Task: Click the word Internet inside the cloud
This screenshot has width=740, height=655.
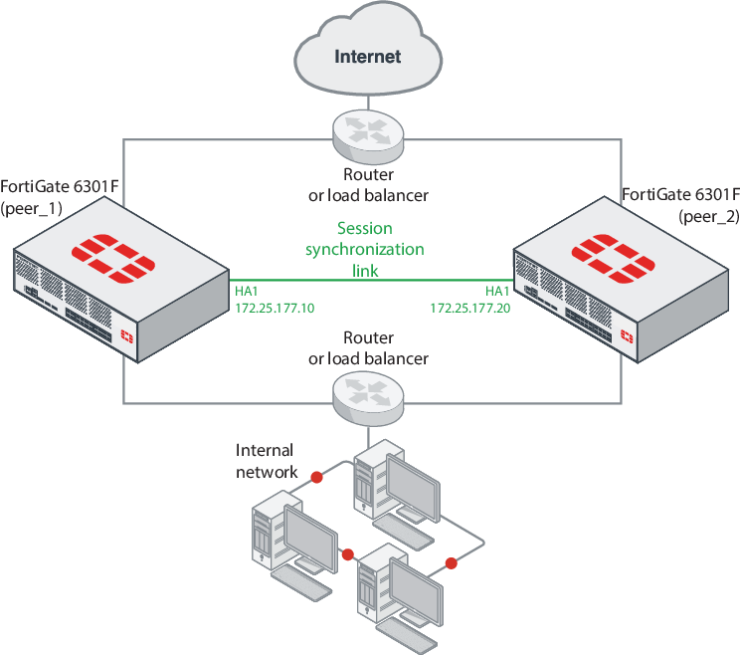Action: (368, 56)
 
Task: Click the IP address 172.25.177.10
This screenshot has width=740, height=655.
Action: (275, 309)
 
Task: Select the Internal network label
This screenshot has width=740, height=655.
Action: (266, 461)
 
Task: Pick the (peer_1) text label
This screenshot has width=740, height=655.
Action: (33, 208)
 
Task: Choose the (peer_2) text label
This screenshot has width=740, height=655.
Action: (708, 215)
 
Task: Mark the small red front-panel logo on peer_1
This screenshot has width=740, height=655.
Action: (126, 334)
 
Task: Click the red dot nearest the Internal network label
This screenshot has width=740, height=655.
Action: (316, 479)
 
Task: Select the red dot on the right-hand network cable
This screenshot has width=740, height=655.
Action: (451, 563)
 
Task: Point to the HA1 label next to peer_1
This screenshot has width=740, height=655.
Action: (247, 291)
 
